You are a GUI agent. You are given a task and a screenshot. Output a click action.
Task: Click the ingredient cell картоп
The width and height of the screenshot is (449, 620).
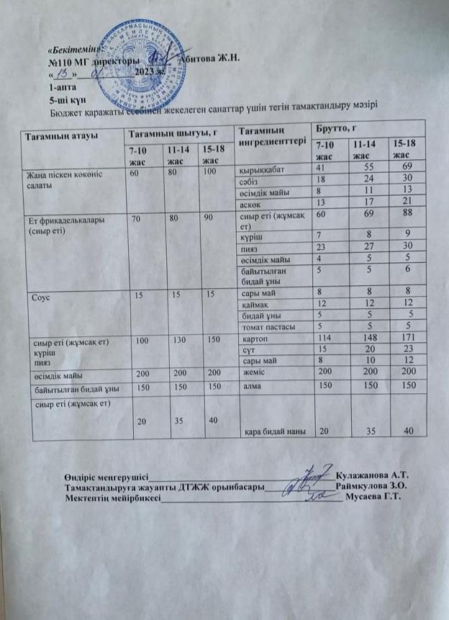(x=253, y=340)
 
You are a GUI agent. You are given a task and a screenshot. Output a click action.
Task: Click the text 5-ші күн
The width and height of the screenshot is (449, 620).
(x=67, y=100)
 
